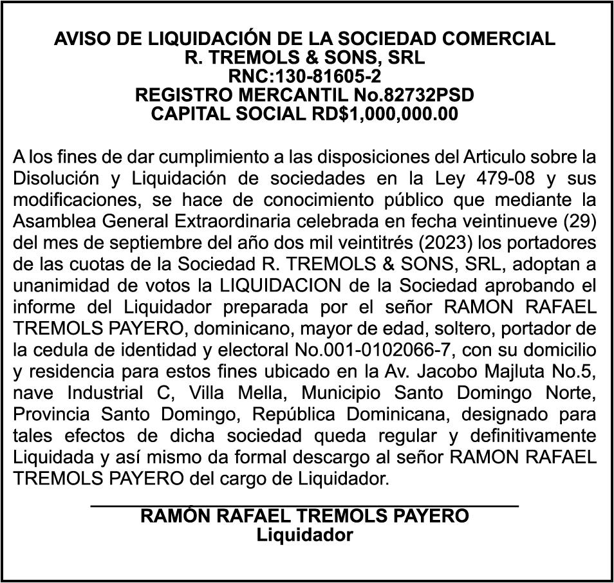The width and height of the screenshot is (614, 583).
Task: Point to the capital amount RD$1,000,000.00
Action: [383, 114]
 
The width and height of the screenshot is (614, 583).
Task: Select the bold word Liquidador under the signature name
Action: [304, 534]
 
